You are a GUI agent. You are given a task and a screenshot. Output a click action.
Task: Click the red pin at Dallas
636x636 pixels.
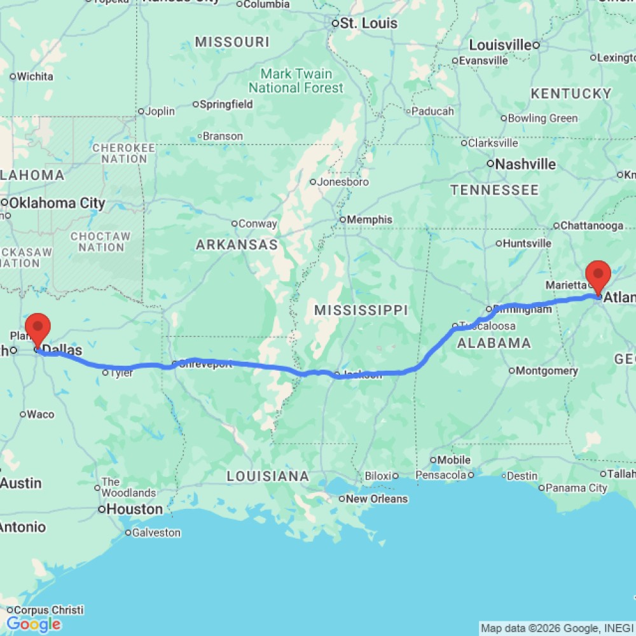(40, 328)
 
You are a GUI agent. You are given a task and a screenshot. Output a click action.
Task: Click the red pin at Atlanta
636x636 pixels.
(598, 274)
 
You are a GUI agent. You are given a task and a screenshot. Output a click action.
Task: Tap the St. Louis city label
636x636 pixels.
(368, 24)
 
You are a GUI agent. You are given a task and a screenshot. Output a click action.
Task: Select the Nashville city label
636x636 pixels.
(525, 164)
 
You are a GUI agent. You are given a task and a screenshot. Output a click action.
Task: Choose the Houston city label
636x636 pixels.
(134, 509)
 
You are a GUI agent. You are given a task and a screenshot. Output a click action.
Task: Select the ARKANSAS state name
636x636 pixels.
(237, 245)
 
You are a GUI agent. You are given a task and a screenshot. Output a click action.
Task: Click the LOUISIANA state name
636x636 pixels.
(268, 476)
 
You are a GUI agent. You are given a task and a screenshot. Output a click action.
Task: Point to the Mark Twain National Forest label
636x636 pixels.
(296, 81)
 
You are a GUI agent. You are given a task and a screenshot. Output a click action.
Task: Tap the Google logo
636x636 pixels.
(33, 625)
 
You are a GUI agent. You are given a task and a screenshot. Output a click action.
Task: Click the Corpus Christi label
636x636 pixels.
(50, 610)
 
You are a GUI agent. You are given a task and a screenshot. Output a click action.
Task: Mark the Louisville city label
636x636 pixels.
(500, 45)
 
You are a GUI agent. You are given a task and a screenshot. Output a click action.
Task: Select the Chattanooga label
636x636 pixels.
(592, 225)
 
